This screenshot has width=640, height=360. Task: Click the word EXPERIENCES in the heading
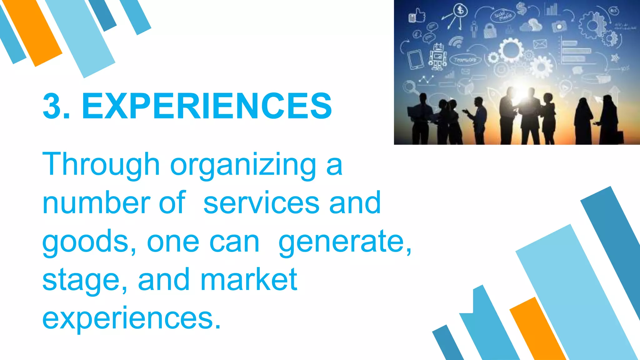[x=207, y=106]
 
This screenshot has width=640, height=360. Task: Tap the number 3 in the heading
[x=52, y=106]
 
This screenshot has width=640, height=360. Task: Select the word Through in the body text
[x=101, y=164]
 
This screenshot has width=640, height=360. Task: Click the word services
[x=261, y=203]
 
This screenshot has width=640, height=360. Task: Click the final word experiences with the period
[x=132, y=318]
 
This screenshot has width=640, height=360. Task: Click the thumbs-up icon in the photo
[x=417, y=16]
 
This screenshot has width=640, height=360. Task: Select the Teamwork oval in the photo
[x=465, y=59]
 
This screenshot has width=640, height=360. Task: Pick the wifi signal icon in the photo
[x=456, y=42]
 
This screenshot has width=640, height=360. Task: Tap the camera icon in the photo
[x=559, y=27]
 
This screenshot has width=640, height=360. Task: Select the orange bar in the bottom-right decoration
[x=537, y=328]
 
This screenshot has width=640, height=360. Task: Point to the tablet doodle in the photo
[x=415, y=59]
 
